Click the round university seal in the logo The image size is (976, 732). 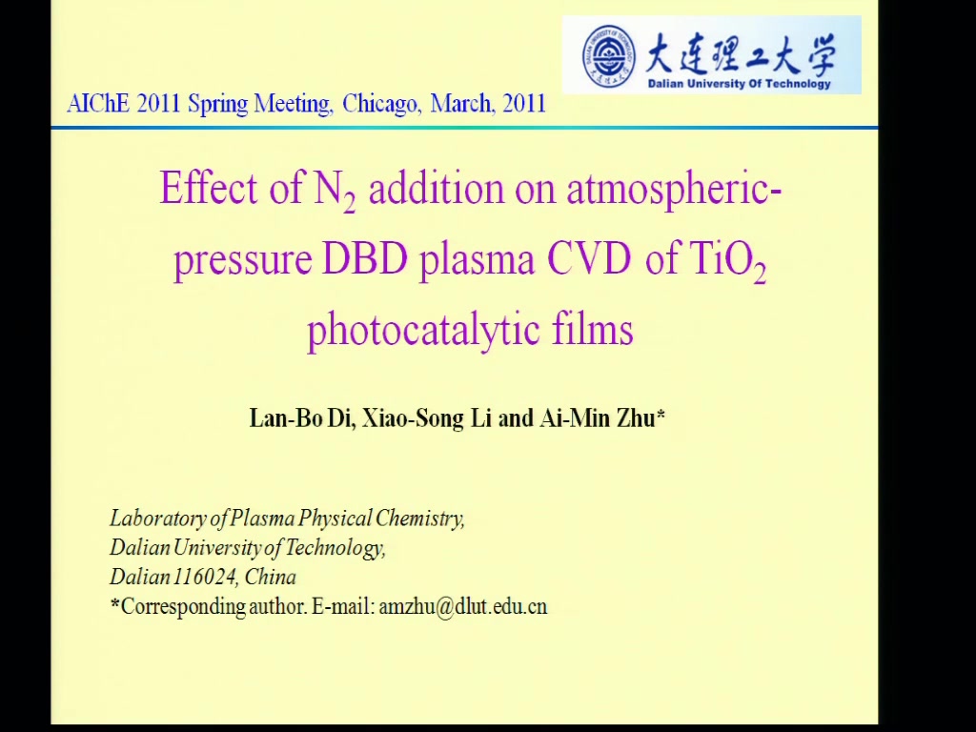coord(609,56)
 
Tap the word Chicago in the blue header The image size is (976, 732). coord(381,103)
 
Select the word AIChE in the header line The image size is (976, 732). coord(98,103)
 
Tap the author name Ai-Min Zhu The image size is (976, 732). coord(602,417)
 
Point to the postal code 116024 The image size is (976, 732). coord(205,577)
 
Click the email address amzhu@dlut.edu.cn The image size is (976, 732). coord(463,606)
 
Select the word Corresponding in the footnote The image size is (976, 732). coord(184,607)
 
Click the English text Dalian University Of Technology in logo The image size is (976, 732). coord(739,84)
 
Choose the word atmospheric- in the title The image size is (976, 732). coord(674,190)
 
